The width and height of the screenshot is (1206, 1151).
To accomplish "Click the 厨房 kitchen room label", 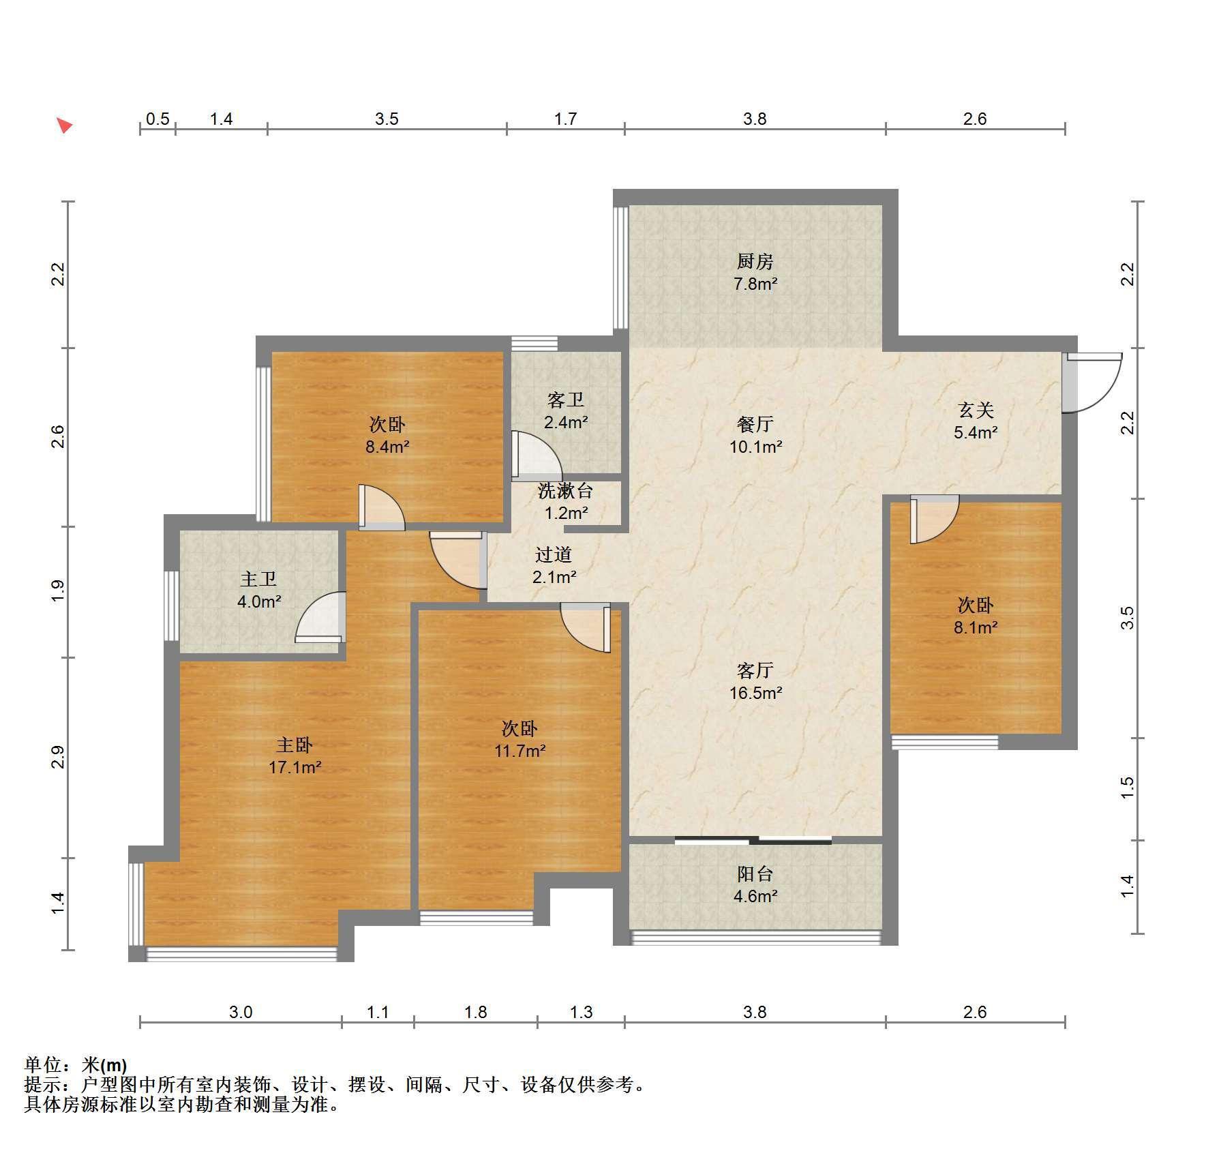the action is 755,261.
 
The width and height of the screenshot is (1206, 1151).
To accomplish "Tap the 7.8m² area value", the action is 755,284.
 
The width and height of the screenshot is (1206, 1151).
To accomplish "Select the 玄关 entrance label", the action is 976,410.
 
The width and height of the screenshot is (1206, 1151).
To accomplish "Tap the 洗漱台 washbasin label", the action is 565,490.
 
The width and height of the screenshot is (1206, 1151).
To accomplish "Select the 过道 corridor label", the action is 553,555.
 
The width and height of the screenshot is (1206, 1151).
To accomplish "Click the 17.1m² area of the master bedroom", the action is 295,767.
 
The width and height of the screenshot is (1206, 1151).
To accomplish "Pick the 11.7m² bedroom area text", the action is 519,751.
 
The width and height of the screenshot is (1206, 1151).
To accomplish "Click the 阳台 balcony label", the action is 755,873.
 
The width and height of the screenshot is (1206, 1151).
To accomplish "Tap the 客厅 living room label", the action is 755,670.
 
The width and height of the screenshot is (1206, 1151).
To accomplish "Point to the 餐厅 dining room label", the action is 755,424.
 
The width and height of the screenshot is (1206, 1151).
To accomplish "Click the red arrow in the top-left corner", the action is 64,125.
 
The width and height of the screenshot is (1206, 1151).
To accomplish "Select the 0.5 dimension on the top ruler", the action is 157,119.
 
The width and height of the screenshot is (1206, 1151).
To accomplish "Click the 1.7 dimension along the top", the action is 565,119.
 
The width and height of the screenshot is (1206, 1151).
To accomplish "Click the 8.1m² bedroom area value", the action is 976,627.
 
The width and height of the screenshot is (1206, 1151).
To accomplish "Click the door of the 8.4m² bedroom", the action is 382,507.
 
